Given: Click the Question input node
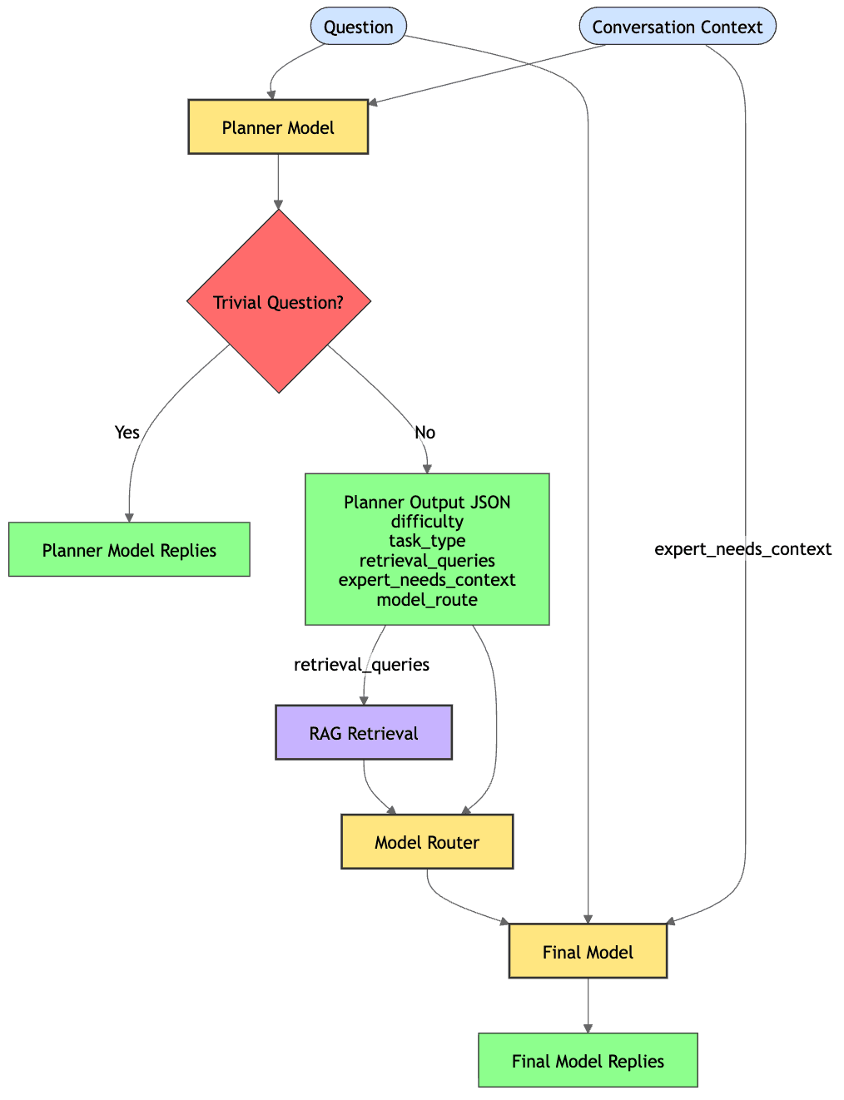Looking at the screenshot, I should point(358,27).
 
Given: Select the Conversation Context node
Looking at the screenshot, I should point(677,27).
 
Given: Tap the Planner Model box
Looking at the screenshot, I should point(278,127).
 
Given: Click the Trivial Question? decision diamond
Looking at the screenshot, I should point(279,302).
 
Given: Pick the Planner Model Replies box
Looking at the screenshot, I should point(129,550).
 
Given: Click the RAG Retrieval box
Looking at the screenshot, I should point(364,733).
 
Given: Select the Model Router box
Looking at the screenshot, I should point(427,842).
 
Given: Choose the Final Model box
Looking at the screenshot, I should point(588,952).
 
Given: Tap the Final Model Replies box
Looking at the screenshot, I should point(588,1061).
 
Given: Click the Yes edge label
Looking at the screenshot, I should point(127,432).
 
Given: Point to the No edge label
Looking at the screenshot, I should point(424,432).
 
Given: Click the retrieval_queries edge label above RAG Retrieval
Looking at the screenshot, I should point(361,664).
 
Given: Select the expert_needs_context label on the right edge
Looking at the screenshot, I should point(742,548).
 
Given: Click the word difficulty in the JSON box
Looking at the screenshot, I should point(427,521).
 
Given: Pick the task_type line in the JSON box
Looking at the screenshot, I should point(427,540).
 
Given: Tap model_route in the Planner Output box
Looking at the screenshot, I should point(427,599).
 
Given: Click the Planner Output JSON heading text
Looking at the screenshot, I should point(427,502).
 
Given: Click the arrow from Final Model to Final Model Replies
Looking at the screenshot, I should point(588,1006).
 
